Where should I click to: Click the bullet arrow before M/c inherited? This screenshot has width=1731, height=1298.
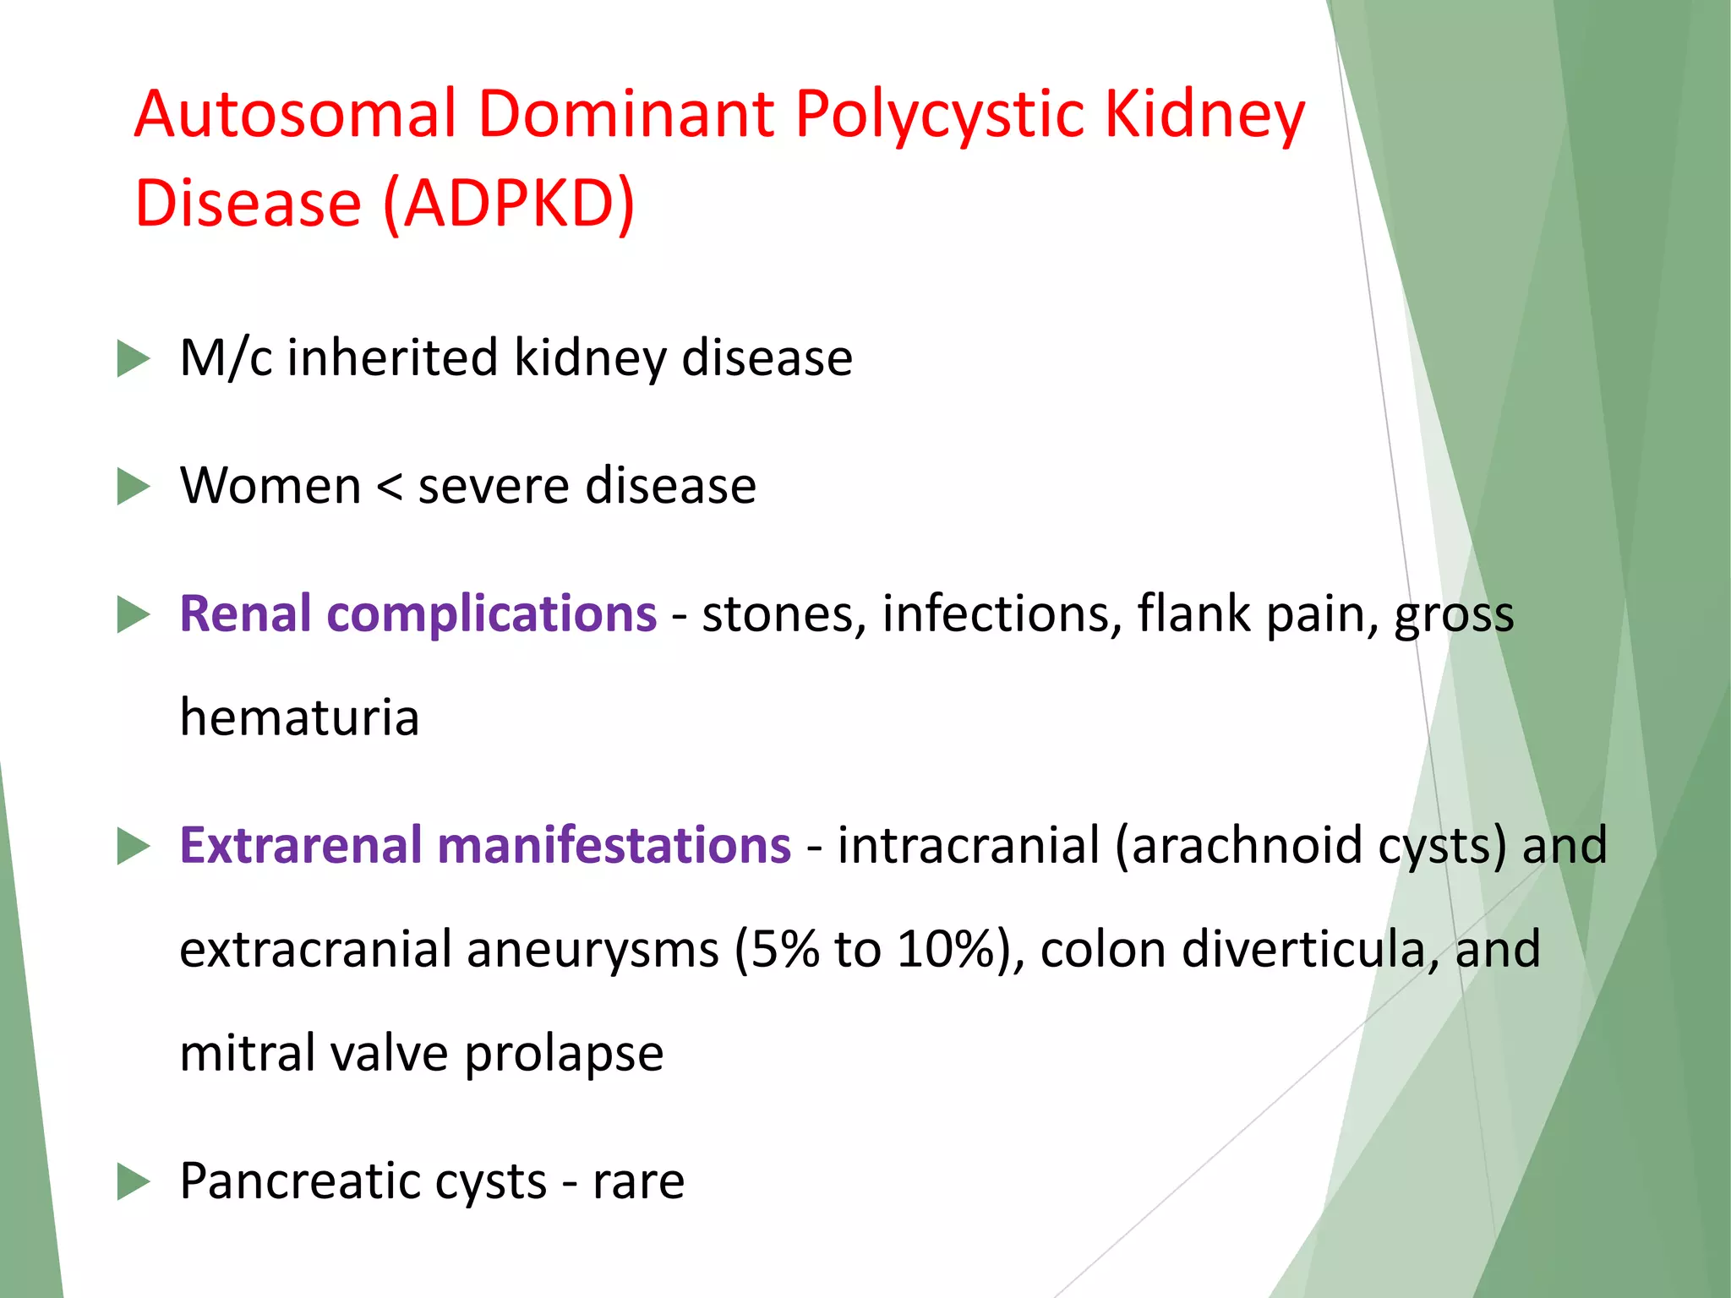click(x=133, y=358)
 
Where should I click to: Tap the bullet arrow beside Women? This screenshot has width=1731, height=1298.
click(x=133, y=487)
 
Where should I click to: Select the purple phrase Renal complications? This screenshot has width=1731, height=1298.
click(x=418, y=614)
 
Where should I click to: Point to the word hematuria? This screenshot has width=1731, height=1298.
click(x=299, y=717)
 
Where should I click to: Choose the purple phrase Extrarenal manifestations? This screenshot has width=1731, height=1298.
click(x=485, y=845)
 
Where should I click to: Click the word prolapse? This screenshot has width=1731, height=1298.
click(x=564, y=1055)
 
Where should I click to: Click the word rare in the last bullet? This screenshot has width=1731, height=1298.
click(x=638, y=1182)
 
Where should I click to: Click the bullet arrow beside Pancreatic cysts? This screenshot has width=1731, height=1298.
click(x=133, y=1181)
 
